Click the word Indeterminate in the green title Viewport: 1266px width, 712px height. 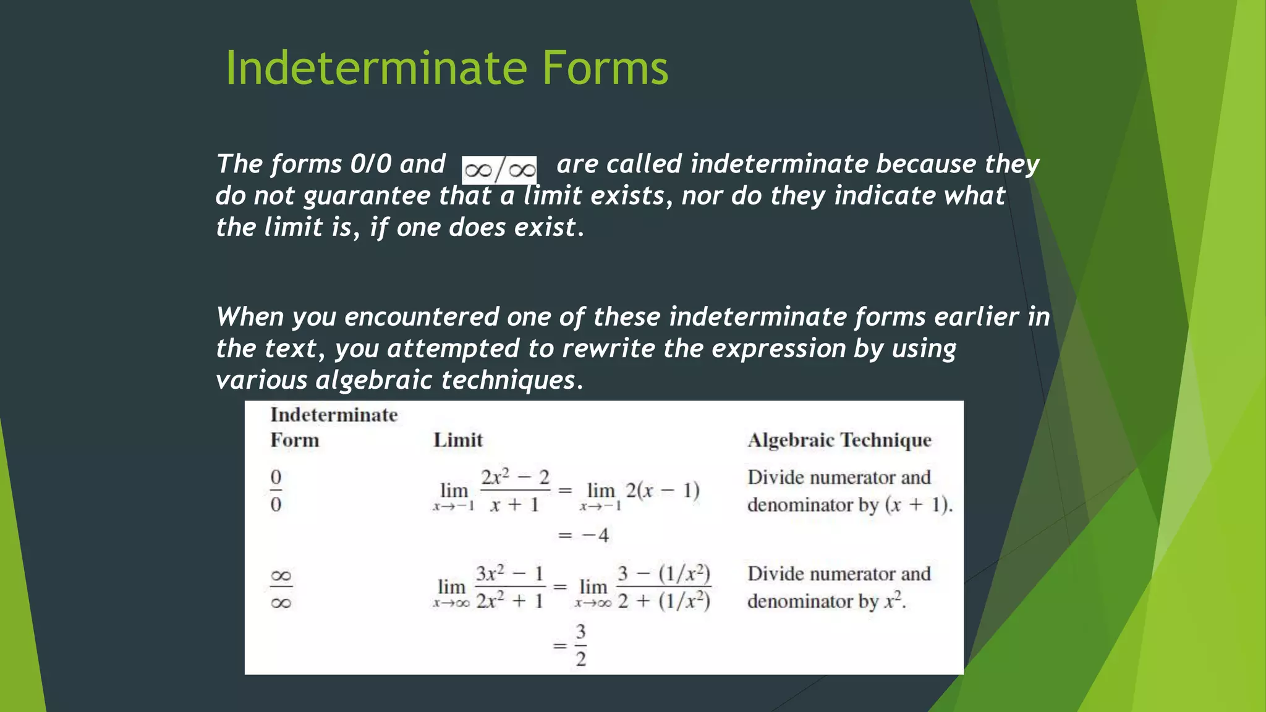point(376,68)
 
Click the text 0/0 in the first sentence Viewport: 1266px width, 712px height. point(370,164)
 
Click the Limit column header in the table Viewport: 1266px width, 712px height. point(457,440)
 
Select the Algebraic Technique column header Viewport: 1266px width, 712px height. point(839,440)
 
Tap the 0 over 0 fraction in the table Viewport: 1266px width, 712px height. point(276,491)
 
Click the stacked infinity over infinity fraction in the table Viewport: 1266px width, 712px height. point(281,589)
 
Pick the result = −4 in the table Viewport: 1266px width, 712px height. point(584,535)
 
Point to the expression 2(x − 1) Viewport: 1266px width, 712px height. point(662,491)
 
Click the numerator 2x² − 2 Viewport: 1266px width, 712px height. point(515,478)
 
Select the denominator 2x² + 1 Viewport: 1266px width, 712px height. point(509,601)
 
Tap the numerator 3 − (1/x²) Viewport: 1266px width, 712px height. point(663,574)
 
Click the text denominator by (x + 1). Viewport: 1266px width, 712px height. point(849,506)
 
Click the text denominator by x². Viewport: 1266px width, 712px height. point(826,601)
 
